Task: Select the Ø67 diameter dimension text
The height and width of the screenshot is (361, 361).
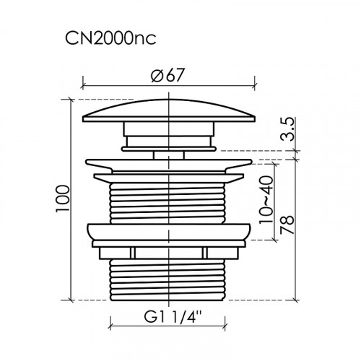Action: tap(169, 73)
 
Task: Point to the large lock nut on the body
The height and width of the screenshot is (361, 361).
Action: tap(168, 232)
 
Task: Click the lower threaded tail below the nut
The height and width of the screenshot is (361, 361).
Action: tap(168, 278)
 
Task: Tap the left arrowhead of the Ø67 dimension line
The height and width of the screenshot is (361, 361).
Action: tap(84, 84)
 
